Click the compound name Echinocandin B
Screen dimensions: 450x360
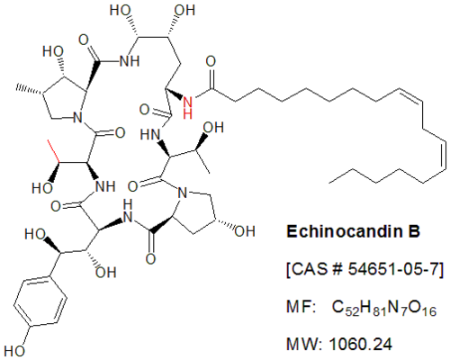click(353, 231)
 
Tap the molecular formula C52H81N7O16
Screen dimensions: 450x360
click(384, 308)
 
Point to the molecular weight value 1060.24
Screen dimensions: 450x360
click(361, 344)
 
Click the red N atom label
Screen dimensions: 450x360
click(188, 103)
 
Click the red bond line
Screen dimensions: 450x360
click(54, 151)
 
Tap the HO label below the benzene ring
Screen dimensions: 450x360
click(14, 351)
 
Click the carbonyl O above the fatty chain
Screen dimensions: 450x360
click(211, 61)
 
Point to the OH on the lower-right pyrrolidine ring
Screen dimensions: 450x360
click(245, 231)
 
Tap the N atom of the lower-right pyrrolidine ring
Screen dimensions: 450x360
click(183, 193)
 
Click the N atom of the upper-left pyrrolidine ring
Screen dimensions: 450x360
click(77, 117)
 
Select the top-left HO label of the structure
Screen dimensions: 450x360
click(120, 11)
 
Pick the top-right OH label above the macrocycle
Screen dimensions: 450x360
click(184, 11)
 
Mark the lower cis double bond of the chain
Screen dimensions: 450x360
click(444, 156)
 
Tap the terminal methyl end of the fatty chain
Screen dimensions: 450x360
click(330, 182)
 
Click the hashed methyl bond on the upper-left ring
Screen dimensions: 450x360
click(30, 90)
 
